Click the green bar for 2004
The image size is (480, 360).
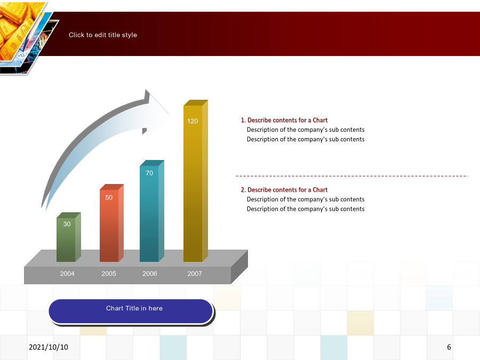[69, 237]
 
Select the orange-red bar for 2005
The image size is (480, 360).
[111, 223]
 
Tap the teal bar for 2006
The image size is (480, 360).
[152, 211]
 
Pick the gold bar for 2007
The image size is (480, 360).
[196, 181]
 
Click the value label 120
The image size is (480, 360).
[193, 121]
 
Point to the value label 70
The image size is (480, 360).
[149, 173]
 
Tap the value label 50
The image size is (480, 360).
[109, 198]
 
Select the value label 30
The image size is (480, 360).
[67, 224]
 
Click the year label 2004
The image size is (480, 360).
[67, 274]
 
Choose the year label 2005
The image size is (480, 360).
[109, 274]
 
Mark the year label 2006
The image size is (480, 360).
[150, 274]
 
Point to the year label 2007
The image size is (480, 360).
[195, 274]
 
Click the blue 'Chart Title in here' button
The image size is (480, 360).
[131, 311]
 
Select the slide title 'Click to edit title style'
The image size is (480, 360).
[103, 35]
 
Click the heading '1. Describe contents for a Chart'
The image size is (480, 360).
[284, 120]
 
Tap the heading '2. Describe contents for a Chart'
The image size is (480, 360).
[284, 190]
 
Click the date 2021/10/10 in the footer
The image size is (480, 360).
[49, 347]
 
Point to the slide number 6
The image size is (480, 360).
[449, 347]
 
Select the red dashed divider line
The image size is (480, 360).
[352, 176]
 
